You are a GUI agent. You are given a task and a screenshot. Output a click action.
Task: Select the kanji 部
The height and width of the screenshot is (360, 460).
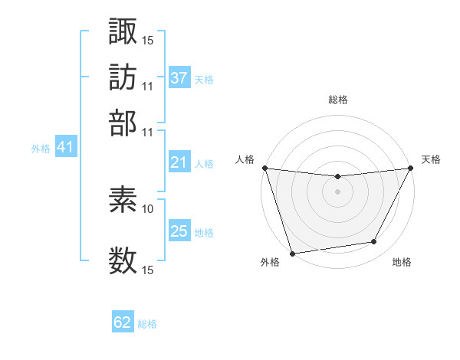point(123,122)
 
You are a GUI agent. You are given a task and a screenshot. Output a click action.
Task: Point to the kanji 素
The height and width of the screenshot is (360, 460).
point(123,201)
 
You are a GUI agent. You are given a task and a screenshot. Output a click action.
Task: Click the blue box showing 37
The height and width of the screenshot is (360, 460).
point(179,78)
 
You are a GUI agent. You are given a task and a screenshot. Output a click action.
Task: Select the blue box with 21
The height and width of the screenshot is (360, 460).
point(179,162)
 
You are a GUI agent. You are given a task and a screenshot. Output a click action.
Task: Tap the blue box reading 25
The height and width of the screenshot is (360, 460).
point(179,231)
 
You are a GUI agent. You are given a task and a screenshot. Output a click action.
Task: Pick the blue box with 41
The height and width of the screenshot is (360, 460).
point(65,148)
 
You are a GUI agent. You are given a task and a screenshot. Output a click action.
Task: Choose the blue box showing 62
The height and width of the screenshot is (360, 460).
point(123,322)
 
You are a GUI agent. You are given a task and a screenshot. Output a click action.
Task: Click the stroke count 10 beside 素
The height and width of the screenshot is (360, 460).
point(148,208)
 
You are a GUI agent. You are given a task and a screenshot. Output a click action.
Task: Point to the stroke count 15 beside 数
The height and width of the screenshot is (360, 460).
point(148,270)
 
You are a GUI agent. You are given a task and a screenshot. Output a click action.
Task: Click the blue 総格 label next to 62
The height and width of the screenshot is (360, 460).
point(147,324)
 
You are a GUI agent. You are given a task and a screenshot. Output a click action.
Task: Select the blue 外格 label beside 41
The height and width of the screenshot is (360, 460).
point(41,149)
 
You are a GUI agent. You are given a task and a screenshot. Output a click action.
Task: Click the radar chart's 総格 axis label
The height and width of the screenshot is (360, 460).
point(337,100)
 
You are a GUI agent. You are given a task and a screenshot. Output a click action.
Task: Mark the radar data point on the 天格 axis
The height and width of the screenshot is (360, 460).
point(411,168)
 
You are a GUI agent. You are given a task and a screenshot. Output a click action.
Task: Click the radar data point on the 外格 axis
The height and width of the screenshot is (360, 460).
point(292,253)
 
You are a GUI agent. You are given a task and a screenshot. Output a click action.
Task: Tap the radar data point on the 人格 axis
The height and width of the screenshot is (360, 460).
point(264,168)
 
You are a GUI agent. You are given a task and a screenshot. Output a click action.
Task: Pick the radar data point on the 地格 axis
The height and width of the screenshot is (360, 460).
point(374,242)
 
